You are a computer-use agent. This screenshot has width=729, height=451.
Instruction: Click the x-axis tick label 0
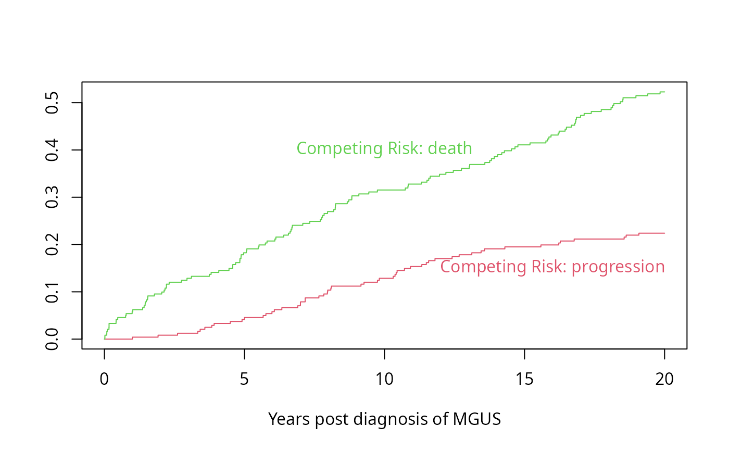[x=104, y=379]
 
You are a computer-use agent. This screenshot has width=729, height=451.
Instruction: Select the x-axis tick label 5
[x=244, y=379]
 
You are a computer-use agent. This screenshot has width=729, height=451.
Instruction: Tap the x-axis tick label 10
[x=384, y=379]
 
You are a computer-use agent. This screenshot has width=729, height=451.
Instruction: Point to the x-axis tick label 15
[x=524, y=379]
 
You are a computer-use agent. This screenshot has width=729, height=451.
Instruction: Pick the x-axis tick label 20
[x=664, y=379]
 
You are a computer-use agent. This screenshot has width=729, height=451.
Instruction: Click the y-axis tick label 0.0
[x=52, y=339]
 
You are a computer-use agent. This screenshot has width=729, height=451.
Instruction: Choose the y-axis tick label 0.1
[x=52, y=292]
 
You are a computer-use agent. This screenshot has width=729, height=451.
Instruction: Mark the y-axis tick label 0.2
[x=52, y=244]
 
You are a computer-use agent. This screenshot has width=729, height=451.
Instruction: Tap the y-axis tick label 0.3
[x=52, y=197]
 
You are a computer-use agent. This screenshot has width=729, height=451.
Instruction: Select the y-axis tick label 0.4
[x=52, y=150]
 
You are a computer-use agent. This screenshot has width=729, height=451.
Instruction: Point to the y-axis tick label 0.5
[x=52, y=103]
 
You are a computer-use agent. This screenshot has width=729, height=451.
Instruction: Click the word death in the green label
[x=450, y=149]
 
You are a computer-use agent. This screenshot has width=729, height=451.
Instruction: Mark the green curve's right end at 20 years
[x=664, y=92]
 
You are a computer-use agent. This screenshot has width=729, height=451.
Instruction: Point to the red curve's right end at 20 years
[x=664, y=233]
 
